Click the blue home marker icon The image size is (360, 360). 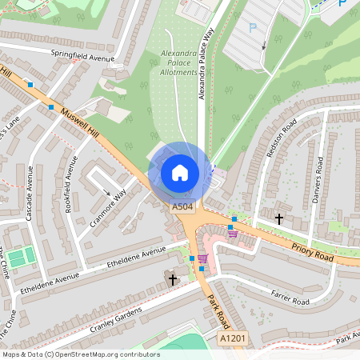pyautogui.click(x=180, y=172)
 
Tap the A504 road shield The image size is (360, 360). pyautogui.click(x=182, y=207)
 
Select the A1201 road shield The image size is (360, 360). pyautogui.click(x=233, y=339)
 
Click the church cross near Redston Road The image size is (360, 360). pyautogui.click(x=279, y=218)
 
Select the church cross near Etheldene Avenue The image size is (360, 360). pyautogui.click(x=173, y=279)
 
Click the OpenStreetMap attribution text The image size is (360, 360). pyautogui.click(x=80, y=354)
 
